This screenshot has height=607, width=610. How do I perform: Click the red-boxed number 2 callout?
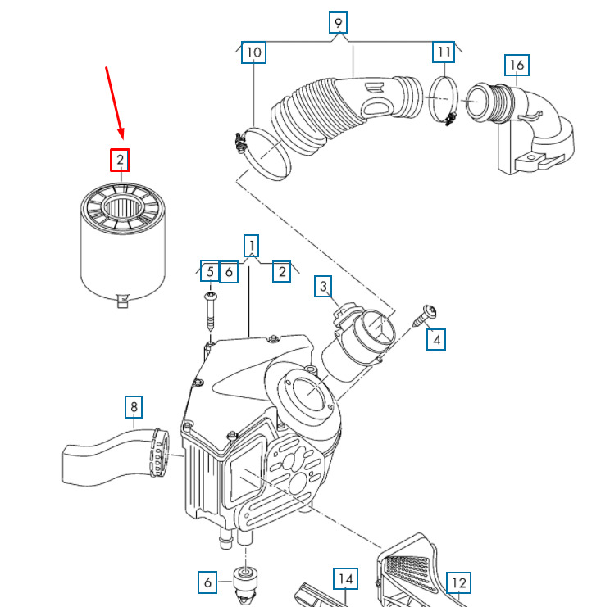121,160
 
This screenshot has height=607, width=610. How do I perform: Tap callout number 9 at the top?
338,23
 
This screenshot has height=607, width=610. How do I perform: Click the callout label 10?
253,53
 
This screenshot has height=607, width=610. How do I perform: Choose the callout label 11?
444,52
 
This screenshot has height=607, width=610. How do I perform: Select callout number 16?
517,65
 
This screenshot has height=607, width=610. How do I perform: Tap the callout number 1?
252,245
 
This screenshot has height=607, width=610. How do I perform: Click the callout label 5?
210,272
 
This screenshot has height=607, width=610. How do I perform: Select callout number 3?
324,287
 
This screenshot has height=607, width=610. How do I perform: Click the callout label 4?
436,339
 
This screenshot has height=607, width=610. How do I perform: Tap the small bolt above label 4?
426,313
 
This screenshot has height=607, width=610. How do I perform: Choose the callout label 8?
134,406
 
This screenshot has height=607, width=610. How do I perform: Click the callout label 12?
458,583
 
